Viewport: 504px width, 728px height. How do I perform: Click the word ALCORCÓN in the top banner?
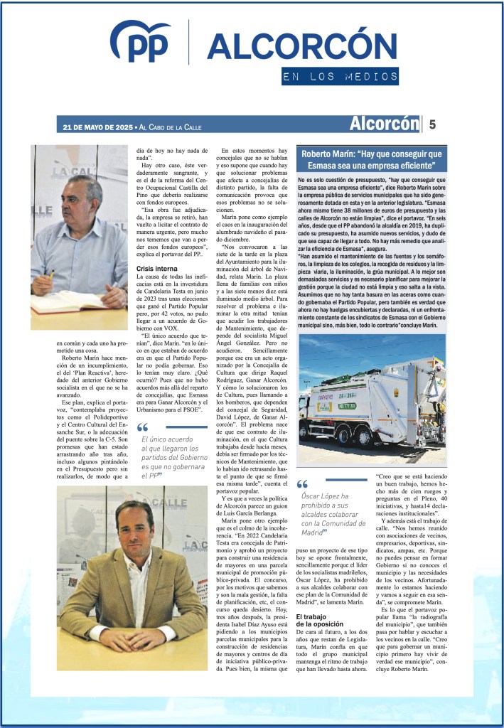[x=291, y=47]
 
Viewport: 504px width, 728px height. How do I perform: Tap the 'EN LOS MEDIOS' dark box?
[x=340, y=76]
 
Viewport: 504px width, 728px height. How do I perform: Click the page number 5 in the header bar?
[x=432, y=124]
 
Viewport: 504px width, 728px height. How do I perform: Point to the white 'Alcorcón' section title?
[x=383, y=124]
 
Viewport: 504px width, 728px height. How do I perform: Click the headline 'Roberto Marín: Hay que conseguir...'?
[x=372, y=159]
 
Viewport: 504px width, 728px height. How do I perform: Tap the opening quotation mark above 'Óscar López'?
[x=301, y=483]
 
